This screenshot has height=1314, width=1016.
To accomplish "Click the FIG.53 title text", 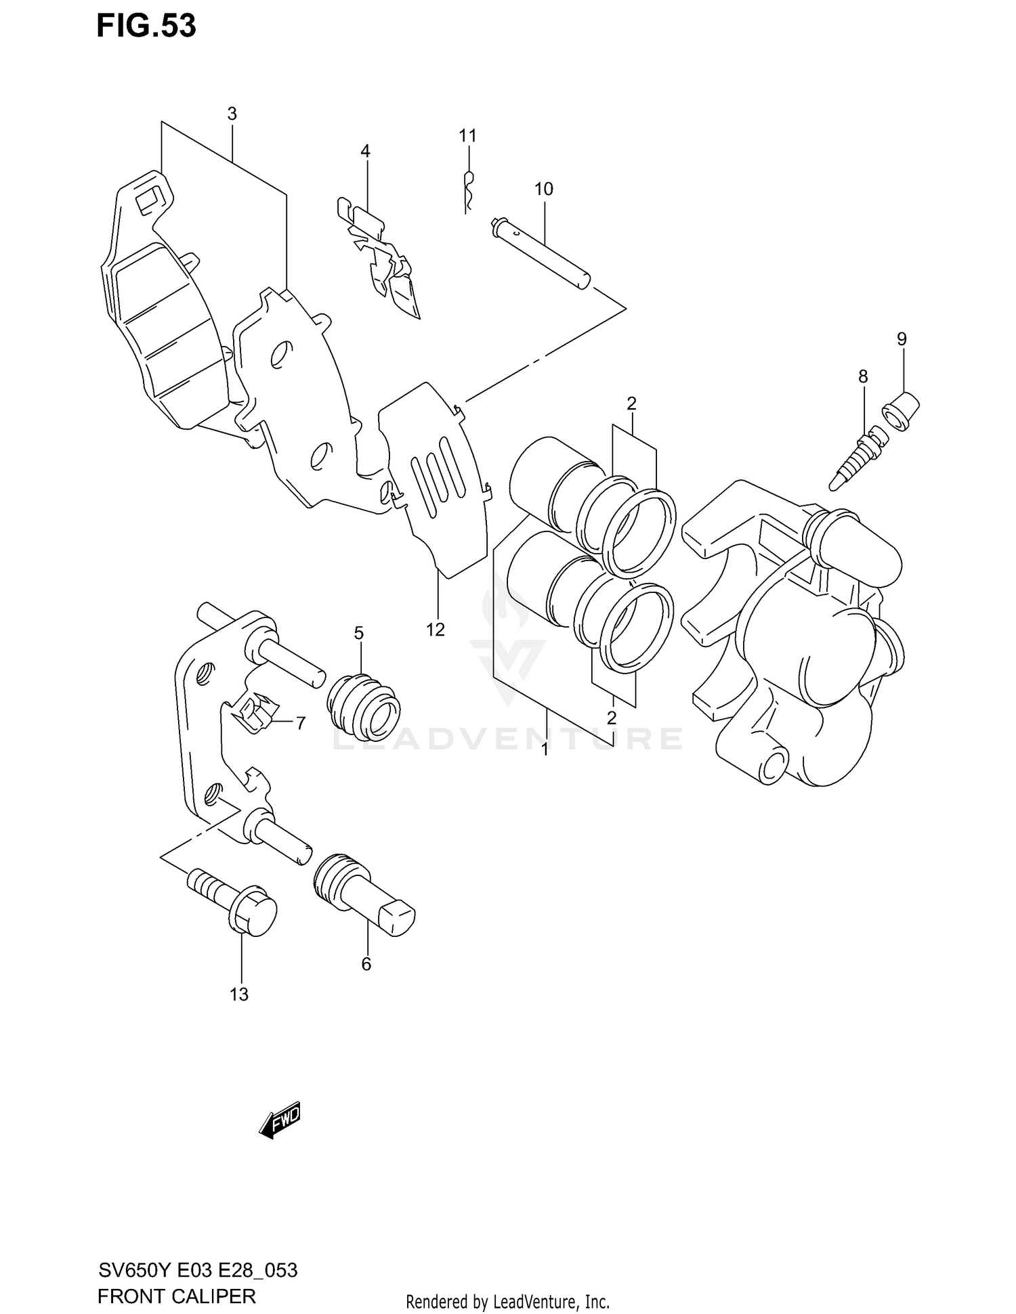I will click(x=146, y=26).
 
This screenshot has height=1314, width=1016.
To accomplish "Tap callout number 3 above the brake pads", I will click(x=232, y=114).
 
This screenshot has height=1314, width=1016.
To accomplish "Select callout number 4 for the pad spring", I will click(x=365, y=151).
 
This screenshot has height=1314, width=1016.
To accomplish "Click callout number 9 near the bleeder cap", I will click(x=902, y=338).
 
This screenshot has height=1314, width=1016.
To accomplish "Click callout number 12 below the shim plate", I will click(x=435, y=630).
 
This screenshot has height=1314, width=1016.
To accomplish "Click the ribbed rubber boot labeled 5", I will click(x=364, y=706).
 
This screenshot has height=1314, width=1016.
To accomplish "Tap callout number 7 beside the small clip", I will click(x=300, y=724).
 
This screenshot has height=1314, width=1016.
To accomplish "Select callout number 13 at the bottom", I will click(x=238, y=994).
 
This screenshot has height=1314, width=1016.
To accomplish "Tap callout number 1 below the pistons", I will click(x=545, y=749).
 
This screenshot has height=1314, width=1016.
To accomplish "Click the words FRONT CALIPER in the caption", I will click(x=176, y=1296).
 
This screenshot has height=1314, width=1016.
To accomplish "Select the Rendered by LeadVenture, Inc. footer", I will click(x=507, y=1301).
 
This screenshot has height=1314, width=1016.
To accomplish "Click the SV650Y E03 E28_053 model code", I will click(x=197, y=1270).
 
